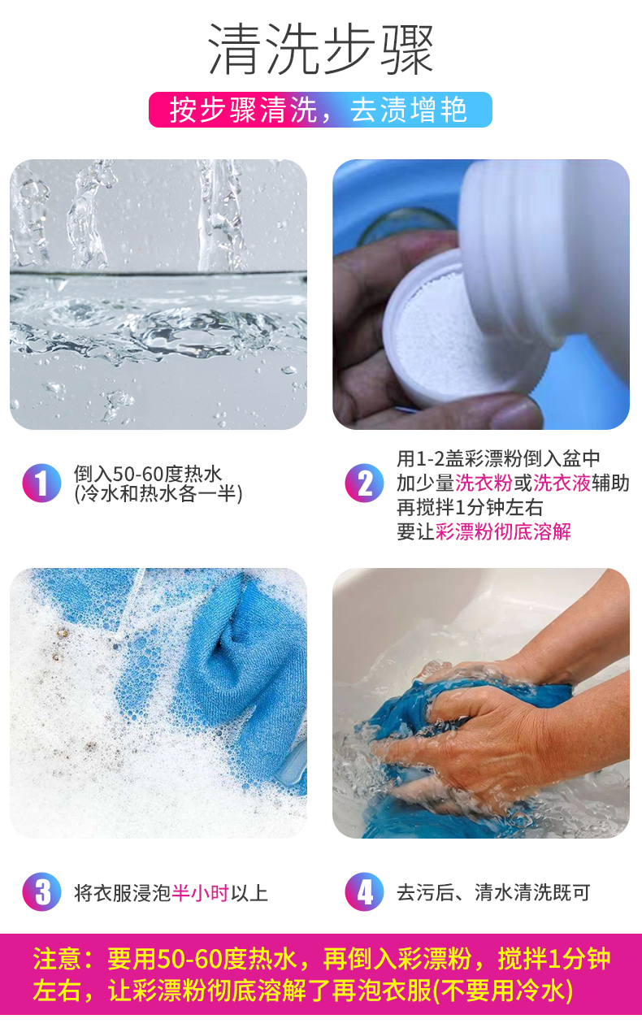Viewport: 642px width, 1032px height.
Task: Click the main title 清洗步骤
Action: (x=321, y=49)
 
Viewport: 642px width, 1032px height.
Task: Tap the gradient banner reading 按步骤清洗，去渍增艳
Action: (x=320, y=110)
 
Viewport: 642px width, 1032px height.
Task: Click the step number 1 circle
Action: (x=41, y=483)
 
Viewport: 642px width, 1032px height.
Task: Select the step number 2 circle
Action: (x=364, y=483)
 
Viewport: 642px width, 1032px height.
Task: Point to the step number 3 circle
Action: (x=41, y=891)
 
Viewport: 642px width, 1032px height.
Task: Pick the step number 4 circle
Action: (x=364, y=891)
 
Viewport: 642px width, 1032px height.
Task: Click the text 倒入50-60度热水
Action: (x=148, y=474)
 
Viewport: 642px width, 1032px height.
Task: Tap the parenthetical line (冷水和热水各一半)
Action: (x=158, y=494)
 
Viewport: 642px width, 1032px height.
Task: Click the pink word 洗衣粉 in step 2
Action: (x=484, y=483)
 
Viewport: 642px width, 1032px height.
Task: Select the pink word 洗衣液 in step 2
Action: (x=562, y=483)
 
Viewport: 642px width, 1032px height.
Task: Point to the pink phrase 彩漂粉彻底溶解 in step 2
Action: (x=503, y=531)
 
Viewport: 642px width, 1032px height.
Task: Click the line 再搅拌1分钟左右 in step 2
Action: (x=470, y=507)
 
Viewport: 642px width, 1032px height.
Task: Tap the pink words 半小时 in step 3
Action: (x=200, y=893)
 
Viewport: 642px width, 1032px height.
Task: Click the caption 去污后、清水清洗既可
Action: (x=493, y=892)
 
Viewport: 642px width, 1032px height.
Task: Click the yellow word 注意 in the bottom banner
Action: (x=57, y=959)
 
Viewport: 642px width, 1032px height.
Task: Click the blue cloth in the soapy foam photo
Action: (x=240, y=668)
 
